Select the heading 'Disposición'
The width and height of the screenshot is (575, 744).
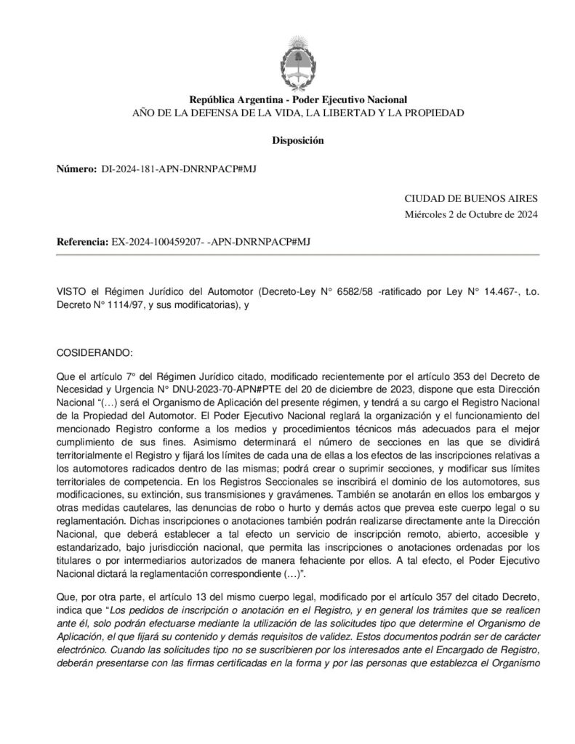pos(298,140)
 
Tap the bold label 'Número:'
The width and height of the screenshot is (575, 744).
pos(76,169)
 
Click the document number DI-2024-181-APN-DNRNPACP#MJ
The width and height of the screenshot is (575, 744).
pos(177,169)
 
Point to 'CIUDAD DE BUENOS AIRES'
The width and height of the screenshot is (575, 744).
pos(471,198)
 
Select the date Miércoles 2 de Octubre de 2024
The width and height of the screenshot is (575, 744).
pos(471,213)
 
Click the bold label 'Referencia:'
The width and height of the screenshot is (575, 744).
pos(82,241)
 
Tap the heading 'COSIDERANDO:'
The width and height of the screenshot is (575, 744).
pos(95,352)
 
